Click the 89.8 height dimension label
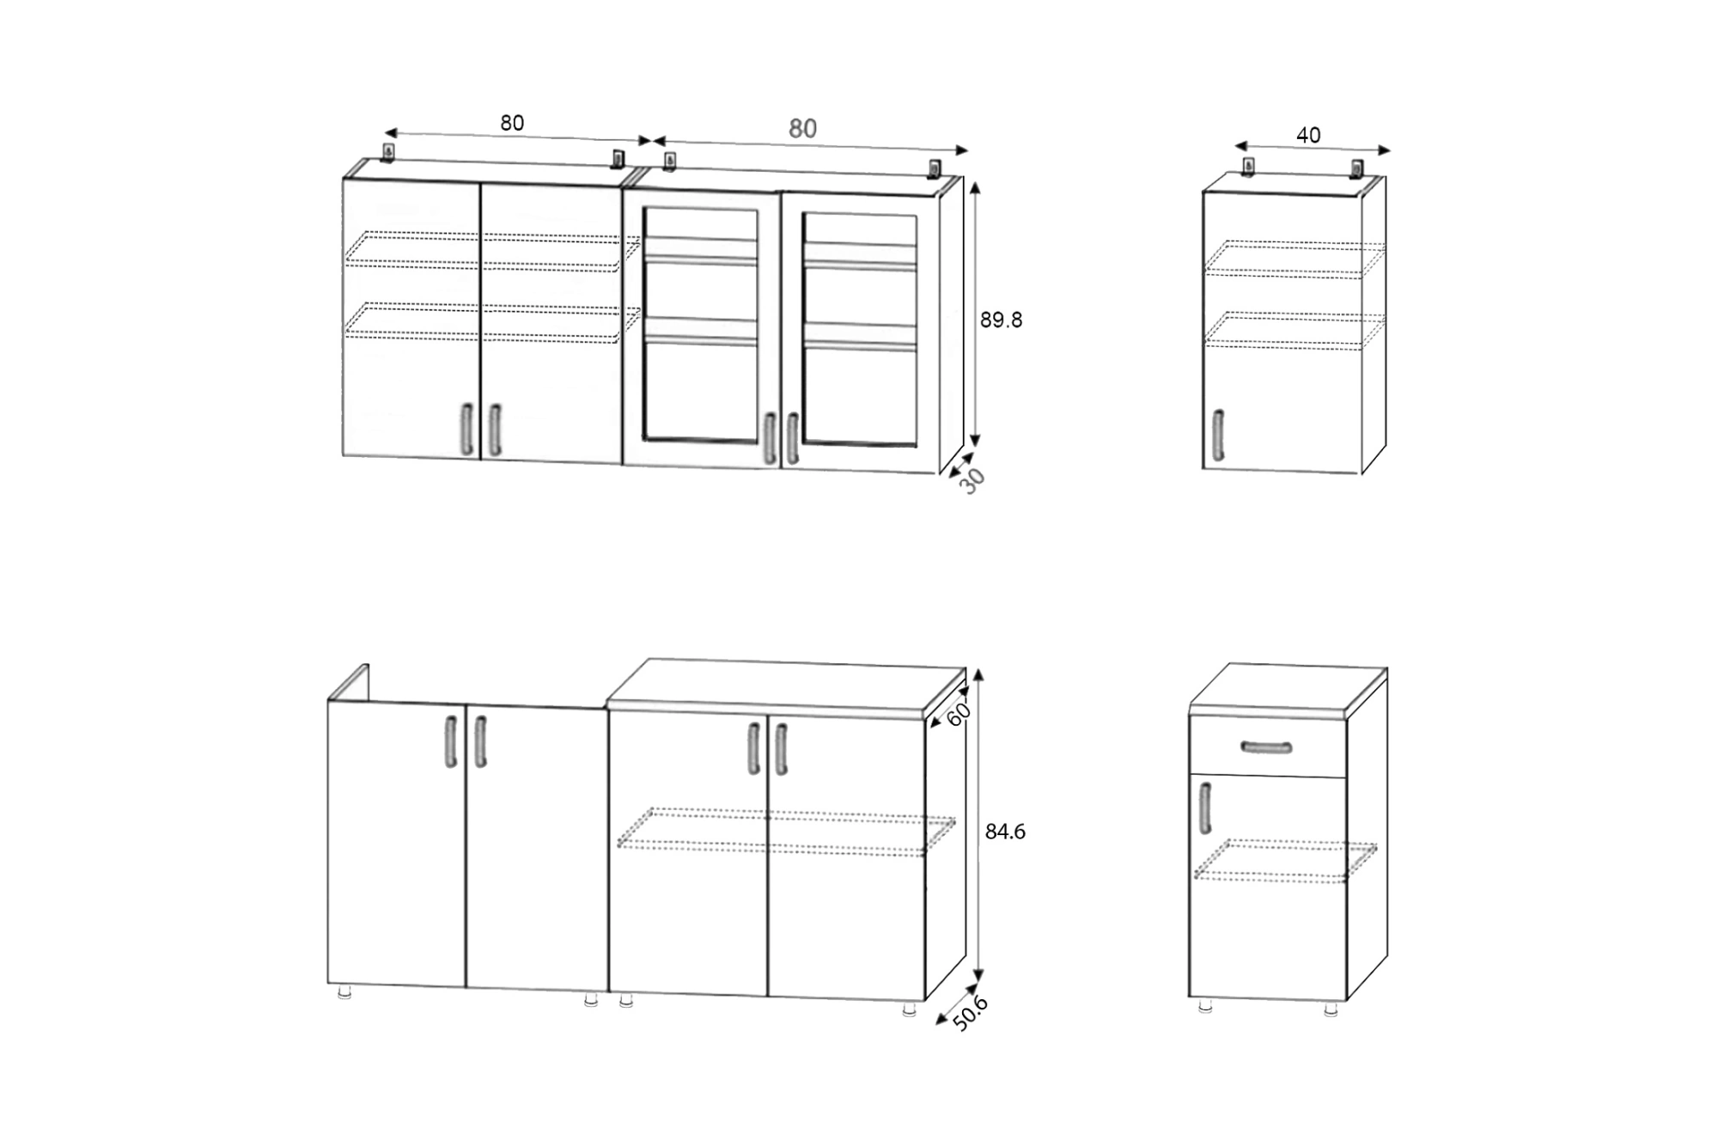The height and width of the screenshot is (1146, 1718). [1001, 320]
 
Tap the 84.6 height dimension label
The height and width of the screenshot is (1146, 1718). [1005, 832]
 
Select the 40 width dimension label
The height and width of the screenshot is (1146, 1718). [1308, 135]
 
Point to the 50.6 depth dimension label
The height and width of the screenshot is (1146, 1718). [971, 1013]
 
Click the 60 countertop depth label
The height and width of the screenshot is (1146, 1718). [958, 713]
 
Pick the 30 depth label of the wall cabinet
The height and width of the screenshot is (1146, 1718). [972, 481]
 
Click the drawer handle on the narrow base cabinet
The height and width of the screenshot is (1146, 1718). [1266, 747]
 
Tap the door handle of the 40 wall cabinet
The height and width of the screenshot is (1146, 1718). [1218, 435]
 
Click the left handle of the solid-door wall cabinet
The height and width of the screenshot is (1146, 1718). [466, 429]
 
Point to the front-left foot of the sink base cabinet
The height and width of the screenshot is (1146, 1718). [344, 992]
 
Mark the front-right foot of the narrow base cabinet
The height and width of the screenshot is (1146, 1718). [1331, 1009]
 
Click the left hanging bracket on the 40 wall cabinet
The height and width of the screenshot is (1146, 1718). [1248, 166]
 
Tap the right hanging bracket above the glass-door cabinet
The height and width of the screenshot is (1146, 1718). [935, 168]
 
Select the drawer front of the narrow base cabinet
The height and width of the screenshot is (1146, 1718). [1267, 747]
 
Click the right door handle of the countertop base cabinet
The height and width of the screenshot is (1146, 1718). [781, 749]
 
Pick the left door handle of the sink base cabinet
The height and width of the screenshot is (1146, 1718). [451, 741]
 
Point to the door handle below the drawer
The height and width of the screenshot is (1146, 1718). [1205, 808]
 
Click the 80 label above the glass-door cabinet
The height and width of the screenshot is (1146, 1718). [802, 128]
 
